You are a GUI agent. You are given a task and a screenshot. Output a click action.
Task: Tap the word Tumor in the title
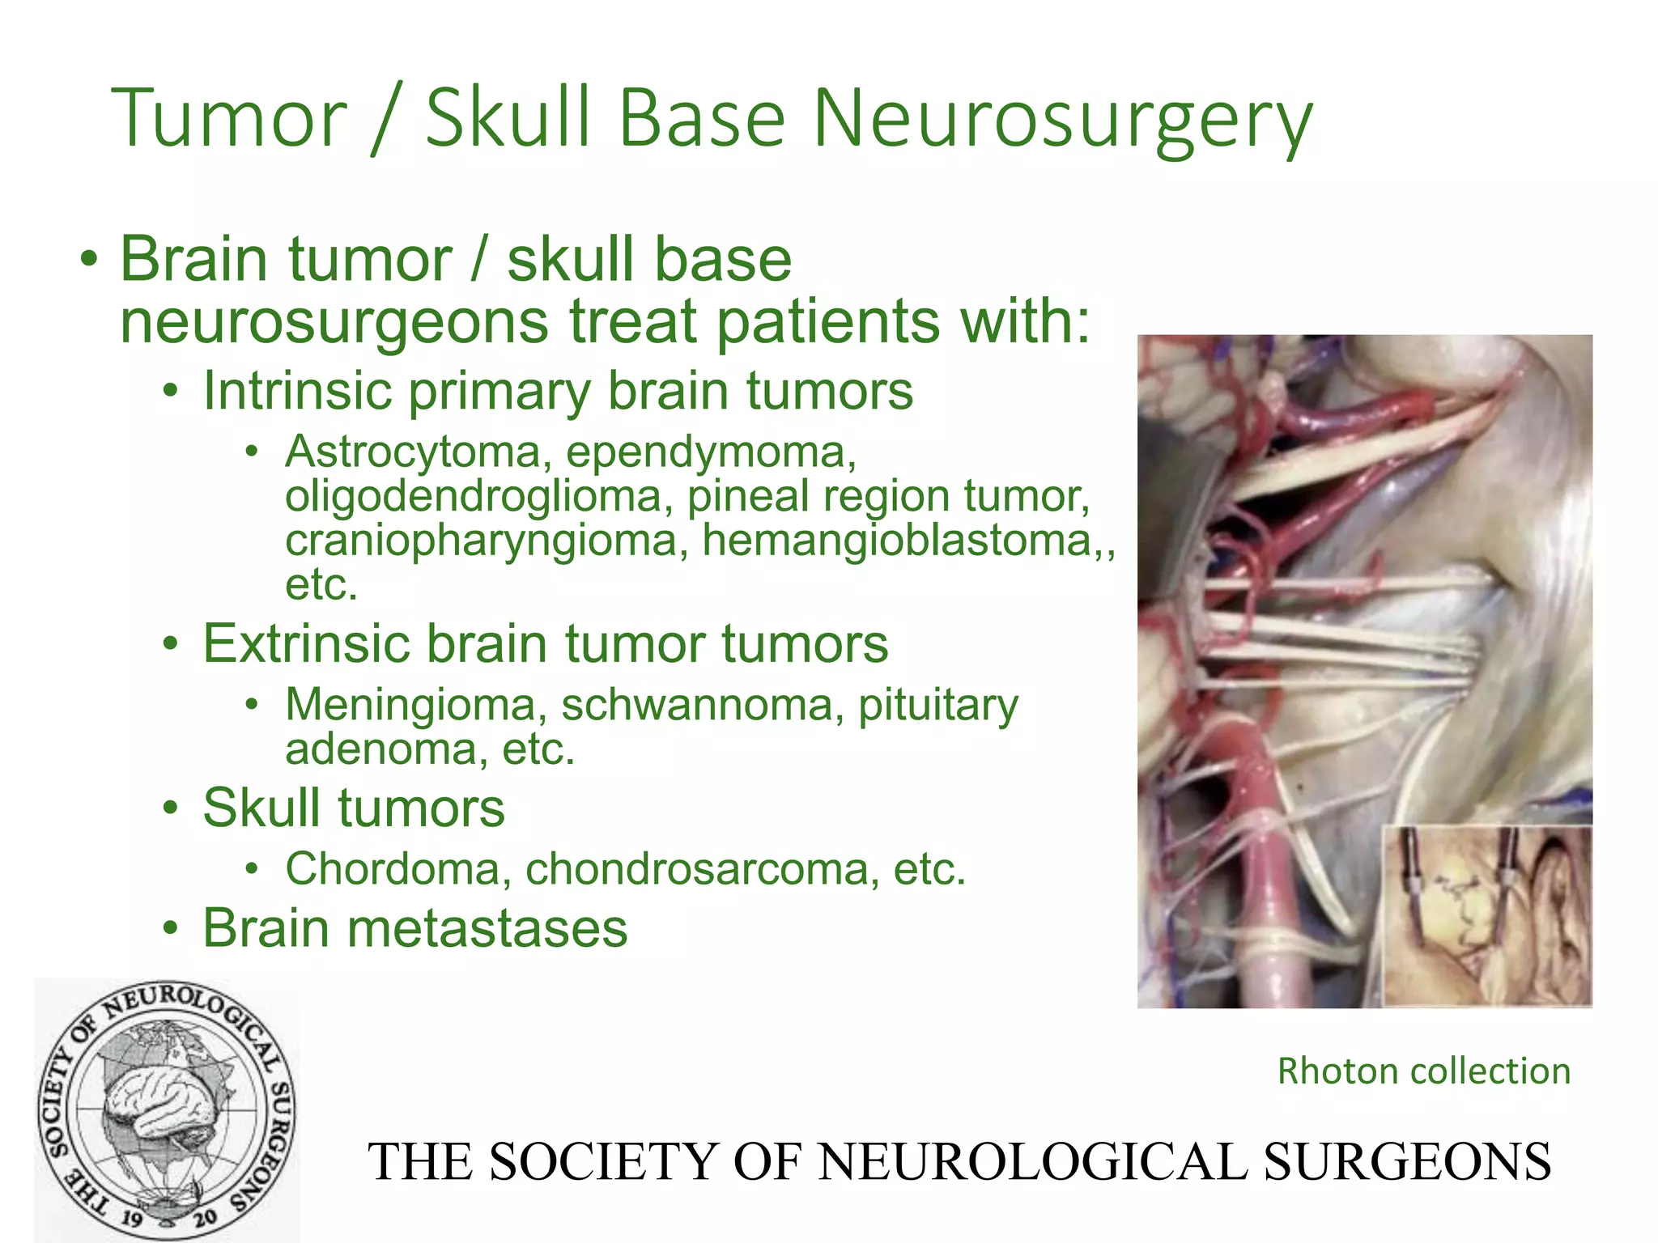click(x=229, y=120)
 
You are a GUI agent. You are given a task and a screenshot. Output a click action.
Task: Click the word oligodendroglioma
click(x=473, y=496)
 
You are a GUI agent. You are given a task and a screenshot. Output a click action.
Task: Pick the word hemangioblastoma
click(x=897, y=540)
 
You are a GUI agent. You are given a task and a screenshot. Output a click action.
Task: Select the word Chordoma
click(x=393, y=869)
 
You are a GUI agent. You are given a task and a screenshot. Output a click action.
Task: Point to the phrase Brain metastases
click(x=414, y=928)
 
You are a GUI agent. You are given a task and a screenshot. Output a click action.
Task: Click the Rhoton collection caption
click(x=1423, y=1071)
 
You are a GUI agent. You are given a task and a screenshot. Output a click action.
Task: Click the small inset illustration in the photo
click(x=1486, y=916)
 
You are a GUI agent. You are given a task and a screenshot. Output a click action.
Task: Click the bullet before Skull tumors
click(x=170, y=808)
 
